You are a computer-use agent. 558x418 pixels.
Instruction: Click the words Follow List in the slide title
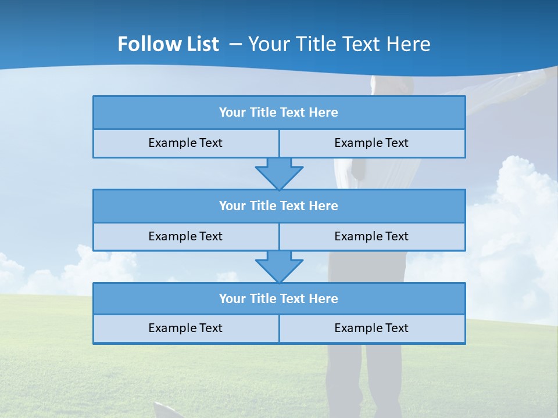pos(168,44)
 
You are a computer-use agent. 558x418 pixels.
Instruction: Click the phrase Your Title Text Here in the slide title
pos(339,44)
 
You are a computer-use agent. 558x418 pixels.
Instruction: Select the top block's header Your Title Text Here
pos(278,113)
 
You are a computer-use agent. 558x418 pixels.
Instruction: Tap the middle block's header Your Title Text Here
pos(278,206)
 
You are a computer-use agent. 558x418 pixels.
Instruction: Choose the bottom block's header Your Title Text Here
pos(278,298)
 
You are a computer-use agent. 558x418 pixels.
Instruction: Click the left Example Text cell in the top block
pos(185,143)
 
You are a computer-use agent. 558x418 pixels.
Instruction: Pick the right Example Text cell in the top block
pos(371,143)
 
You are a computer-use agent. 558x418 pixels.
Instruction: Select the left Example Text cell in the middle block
pos(185,236)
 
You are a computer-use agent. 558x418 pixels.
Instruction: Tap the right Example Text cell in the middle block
pos(371,236)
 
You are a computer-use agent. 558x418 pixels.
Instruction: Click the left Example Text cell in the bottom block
pos(185,328)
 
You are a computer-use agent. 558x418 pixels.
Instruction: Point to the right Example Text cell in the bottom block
pos(371,328)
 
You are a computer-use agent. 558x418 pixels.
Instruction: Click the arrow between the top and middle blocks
pos(279,172)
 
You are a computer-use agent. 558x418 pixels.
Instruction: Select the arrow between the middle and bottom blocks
pos(279,266)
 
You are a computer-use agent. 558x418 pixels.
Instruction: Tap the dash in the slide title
pos(236,44)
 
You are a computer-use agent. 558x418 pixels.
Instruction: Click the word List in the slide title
pos(201,44)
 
